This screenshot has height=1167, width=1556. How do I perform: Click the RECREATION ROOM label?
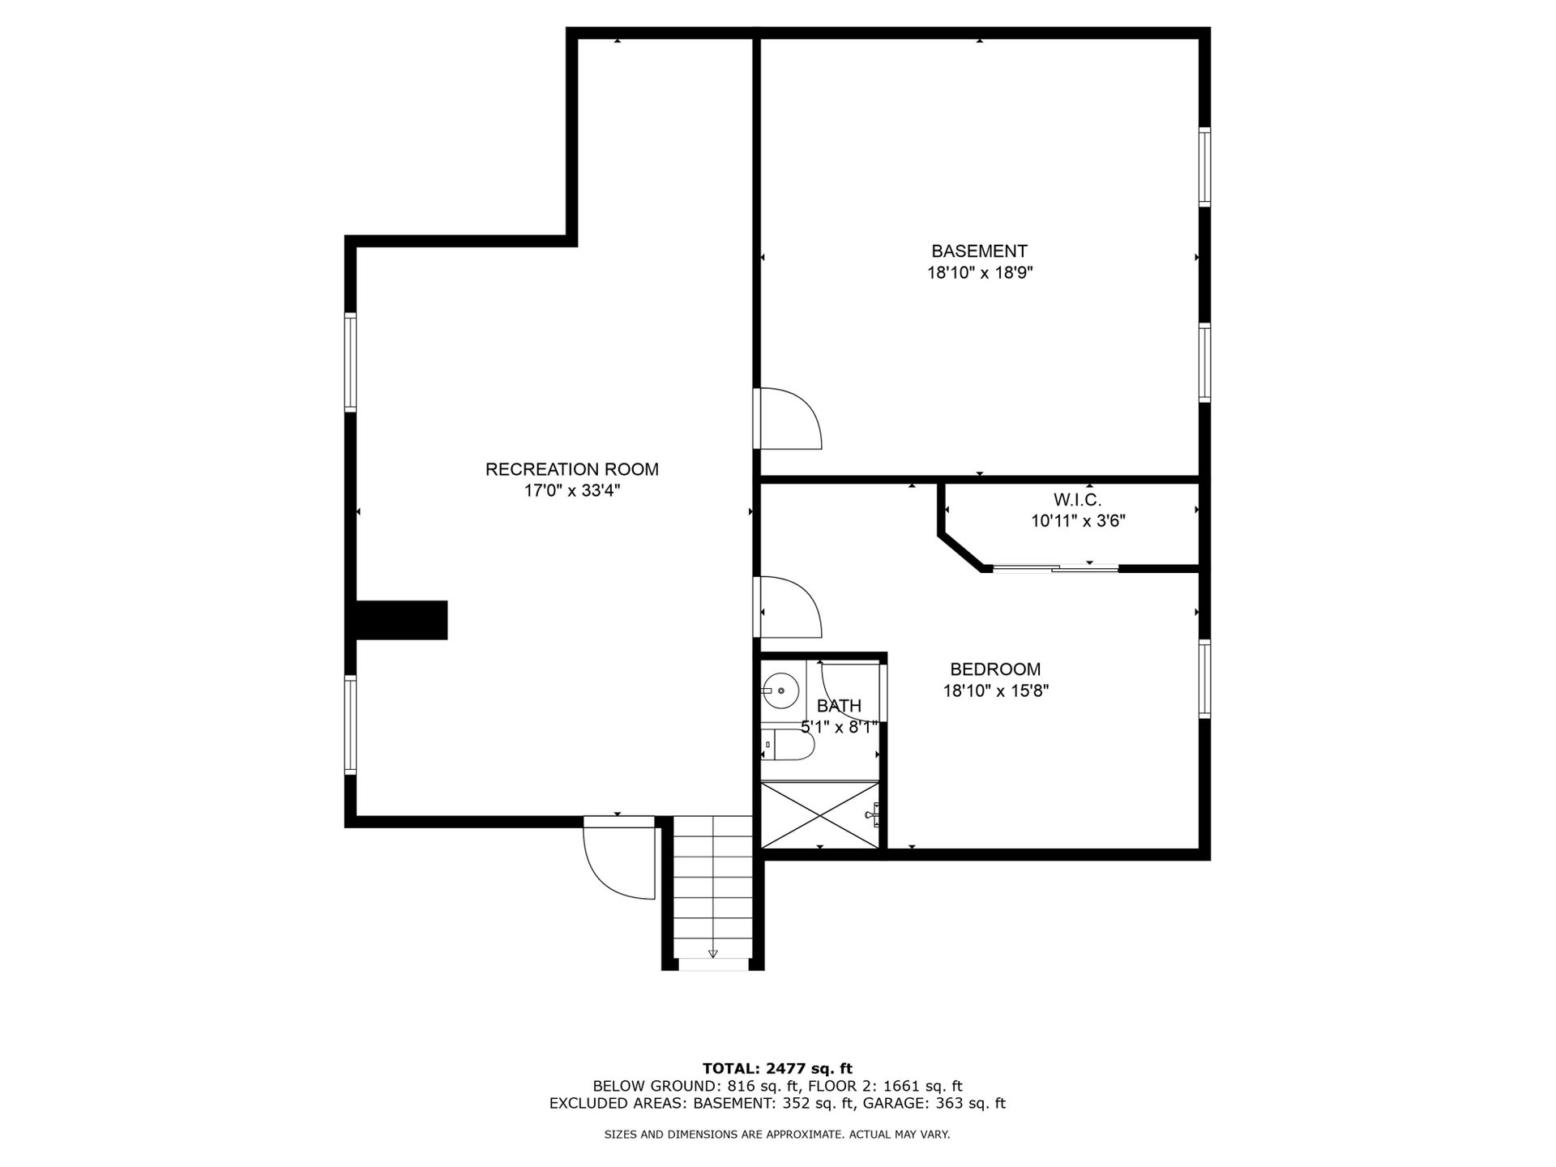(571, 469)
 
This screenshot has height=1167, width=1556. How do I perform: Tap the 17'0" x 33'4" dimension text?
(571, 490)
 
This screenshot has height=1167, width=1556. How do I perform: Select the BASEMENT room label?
(979, 251)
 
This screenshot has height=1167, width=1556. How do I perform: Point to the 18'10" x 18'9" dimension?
(980, 273)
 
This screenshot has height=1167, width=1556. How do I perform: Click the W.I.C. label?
(1077, 500)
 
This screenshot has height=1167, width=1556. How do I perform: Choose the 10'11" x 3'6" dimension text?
(1078, 521)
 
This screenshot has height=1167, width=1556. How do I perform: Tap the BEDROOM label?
(995, 669)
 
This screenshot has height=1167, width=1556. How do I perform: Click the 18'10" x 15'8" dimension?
(996, 691)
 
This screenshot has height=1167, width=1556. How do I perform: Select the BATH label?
(839, 706)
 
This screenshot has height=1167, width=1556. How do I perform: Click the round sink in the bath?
(782, 690)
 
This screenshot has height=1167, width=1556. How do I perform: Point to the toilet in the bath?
(787, 744)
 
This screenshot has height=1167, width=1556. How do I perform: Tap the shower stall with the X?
(820, 815)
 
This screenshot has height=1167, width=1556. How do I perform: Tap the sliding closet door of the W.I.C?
(1056, 568)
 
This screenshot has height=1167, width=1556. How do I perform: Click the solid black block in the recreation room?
(402, 620)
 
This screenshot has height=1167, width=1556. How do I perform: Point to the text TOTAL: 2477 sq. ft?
(777, 1068)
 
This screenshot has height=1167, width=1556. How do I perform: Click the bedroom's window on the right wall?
(1204, 679)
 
